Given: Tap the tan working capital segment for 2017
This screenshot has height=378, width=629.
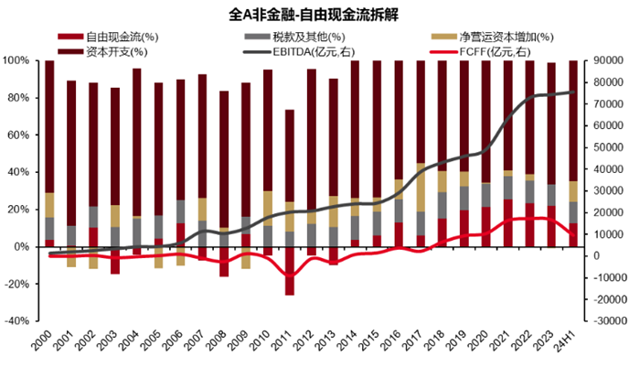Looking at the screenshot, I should click(421, 188).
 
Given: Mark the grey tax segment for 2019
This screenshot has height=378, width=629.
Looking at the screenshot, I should click(464, 198).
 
